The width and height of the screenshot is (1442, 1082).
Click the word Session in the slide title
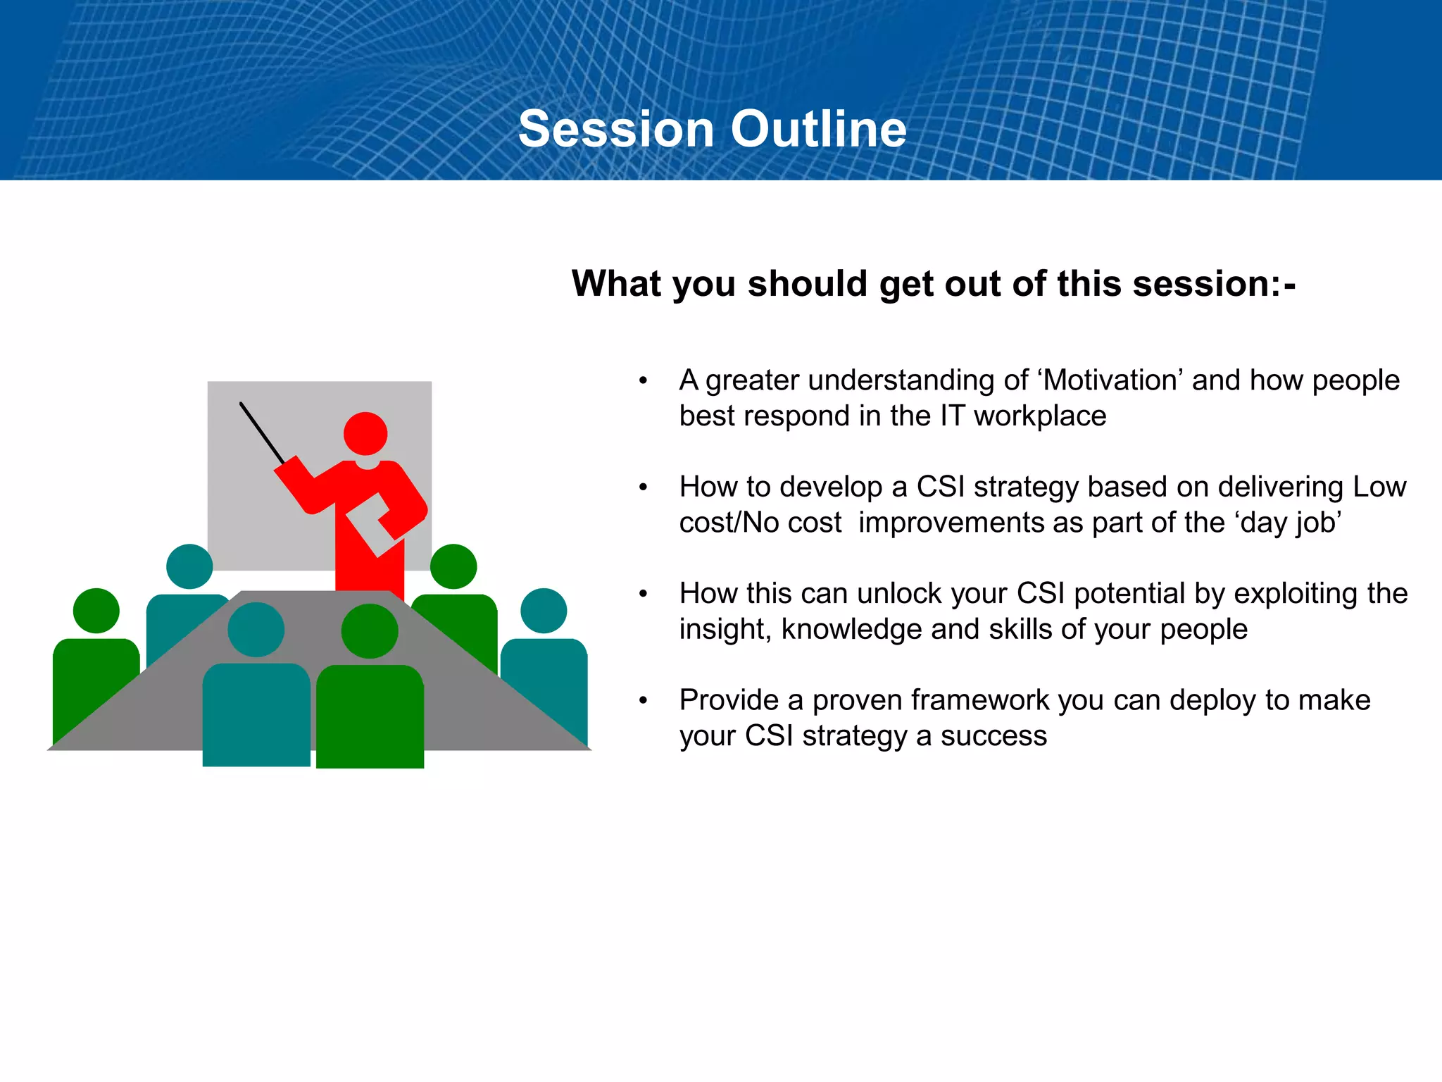pyautogui.click(x=616, y=129)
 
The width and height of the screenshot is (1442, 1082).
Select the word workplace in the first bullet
pyautogui.click(x=1040, y=416)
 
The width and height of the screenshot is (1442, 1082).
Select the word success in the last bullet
pyautogui.click(x=993, y=737)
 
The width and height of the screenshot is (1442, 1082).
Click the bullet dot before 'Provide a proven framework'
pyautogui.click(x=643, y=701)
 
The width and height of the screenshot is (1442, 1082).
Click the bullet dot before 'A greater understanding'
pyautogui.click(x=643, y=381)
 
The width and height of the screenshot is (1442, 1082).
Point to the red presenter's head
pyautogui.click(x=365, y=434)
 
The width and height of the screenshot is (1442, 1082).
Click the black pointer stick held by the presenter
pyautogui.click(x=263, y=433)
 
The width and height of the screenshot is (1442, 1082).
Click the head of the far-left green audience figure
pyautogui.click(x=96, y=611)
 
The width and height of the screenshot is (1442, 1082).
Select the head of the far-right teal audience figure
pyautogui.click(x=544, y=611)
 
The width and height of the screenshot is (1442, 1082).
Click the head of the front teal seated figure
pyautogui.click(x=256, y=630)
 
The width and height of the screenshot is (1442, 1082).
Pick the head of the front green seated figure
pyautogui.click(x=370, y=631)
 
